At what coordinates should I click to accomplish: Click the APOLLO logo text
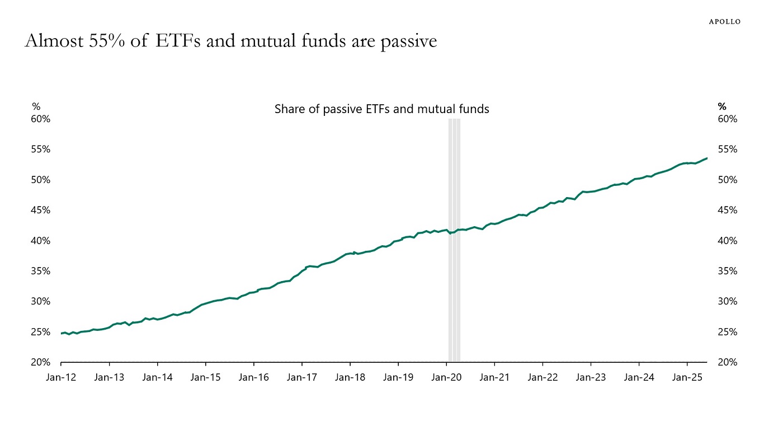coord(724,21)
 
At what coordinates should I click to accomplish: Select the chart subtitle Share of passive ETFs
coord(381,109)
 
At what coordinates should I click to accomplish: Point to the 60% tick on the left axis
coord(41,119)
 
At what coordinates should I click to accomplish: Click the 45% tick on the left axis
coord(41,211)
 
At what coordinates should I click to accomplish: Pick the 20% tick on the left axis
coord(41,362)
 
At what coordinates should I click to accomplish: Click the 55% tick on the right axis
coord(728,149)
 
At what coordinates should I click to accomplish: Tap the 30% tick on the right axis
coord(728,301)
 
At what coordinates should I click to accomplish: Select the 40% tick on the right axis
coord(728,241)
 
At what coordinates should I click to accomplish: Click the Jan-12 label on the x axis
coord(60,377)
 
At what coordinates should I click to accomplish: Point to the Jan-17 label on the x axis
coord(301,377)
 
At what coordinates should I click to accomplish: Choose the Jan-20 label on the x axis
coord(446,377)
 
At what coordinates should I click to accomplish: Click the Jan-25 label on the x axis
coord(687,377)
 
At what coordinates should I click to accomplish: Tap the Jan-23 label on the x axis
coord(591,377)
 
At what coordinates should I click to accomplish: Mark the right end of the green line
coord(707,158)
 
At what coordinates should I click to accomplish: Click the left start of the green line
coord(62,333)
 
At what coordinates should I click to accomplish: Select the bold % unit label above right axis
coord(721,106)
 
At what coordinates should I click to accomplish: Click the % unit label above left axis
coord(36,106)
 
